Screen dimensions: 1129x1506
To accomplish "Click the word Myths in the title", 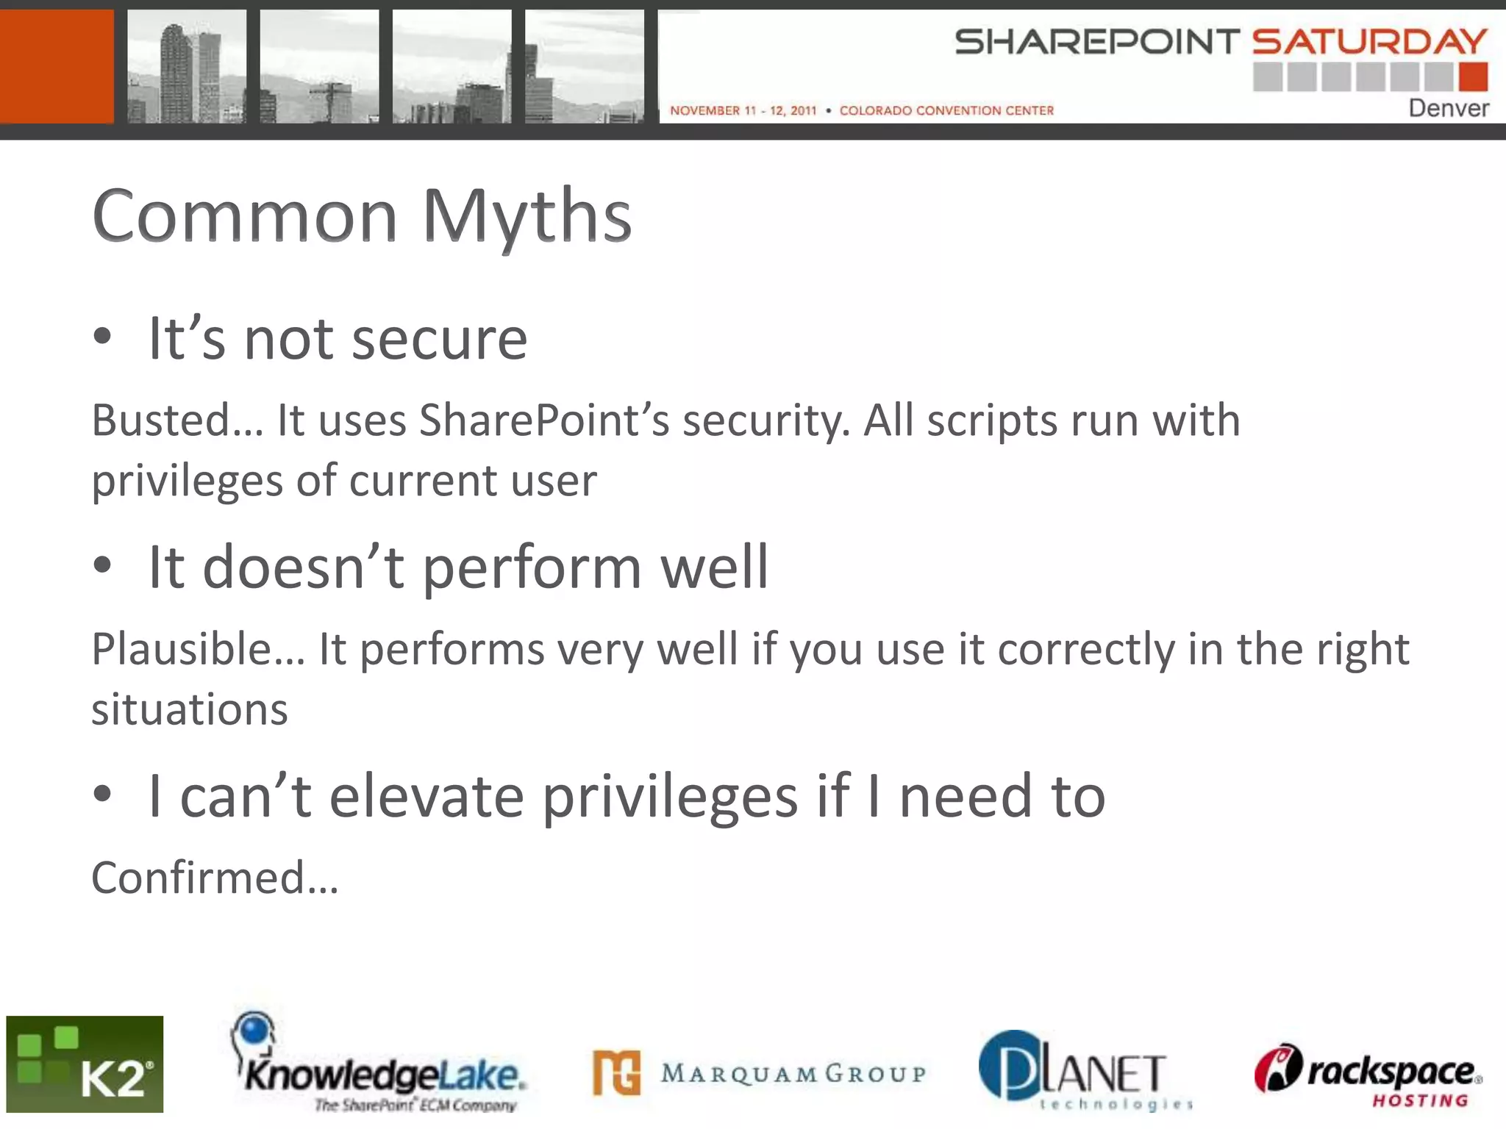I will coord(527,216).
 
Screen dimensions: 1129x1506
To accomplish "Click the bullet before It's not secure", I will coord(102,337).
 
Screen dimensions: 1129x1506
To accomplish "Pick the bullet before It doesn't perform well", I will coord(102,566).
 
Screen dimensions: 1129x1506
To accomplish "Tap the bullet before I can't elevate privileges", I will coord(102,795).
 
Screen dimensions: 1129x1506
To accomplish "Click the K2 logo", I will coord(85,1064).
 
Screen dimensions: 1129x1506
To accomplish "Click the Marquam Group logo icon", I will coord(616,1072).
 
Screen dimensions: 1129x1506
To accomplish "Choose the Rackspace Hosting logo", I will coord(1368,1075).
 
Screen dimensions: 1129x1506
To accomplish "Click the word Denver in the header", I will coord(1448,109).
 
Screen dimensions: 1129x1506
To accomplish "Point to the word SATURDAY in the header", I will coord(1369,42).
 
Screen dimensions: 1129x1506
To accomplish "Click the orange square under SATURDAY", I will coord(1473,76).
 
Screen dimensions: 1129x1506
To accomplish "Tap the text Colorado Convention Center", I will coord(946,110).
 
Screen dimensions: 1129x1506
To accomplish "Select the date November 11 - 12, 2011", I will coord(743,110).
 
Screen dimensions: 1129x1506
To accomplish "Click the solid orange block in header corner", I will coord(57,66).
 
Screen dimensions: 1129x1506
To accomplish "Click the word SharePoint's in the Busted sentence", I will coord(543,420).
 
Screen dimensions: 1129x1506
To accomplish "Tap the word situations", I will coord(190,709).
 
